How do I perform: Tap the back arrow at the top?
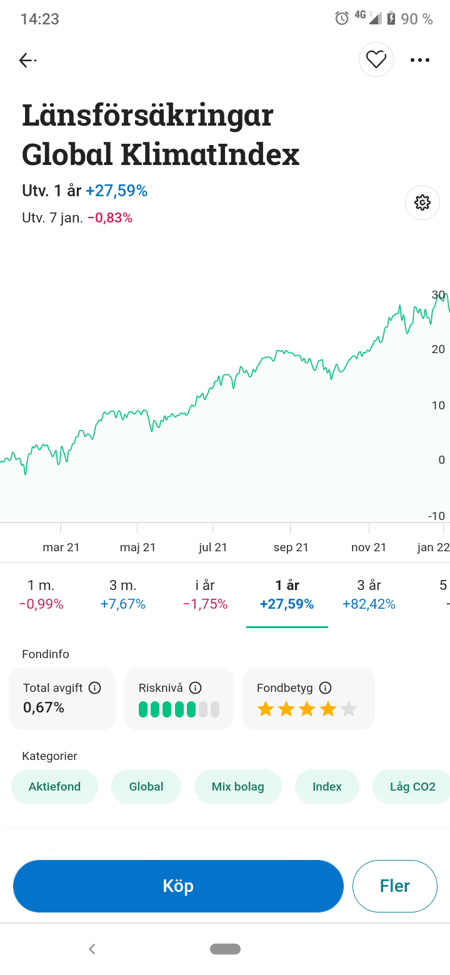coord(27,60)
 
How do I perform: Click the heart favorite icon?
coord(376,59)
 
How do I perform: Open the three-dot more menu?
coord(420,60)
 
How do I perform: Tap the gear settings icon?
coord(422,202)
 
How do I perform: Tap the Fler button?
coord(395,886)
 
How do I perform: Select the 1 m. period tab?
coord(41,594)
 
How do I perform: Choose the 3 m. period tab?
coord(122,594)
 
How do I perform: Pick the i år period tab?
coord(205,594)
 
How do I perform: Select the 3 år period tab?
coord(369,594)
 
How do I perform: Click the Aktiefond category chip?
coord(55,787)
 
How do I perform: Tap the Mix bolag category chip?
coord(238,787)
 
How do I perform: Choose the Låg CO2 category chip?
coord(412,787)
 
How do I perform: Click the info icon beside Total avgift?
coord(95,688)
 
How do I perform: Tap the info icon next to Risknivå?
coord(195,688)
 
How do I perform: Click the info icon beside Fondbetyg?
coord(325,688)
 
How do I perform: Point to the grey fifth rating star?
coord(349,709)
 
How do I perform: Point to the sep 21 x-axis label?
coord(291,547)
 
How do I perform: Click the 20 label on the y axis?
coord(438,349)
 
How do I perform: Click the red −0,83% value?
coord(110,218)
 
